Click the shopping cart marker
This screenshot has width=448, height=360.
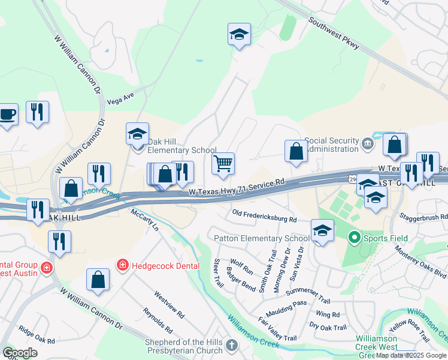[x=223, y=164]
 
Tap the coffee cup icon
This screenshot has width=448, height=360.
[x=8, y=115]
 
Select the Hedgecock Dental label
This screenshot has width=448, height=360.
[x=157, y=265]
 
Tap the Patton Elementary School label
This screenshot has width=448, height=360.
[x=262, y=238]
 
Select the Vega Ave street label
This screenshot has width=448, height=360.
[x=120, y=98]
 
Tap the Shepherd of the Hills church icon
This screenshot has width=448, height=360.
[x=232, y=345]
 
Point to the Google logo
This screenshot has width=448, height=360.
[x=20, y=353]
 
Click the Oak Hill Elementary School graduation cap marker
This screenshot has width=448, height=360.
[x=137, y=134]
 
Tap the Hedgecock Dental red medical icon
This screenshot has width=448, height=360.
[x=122, y=265]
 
